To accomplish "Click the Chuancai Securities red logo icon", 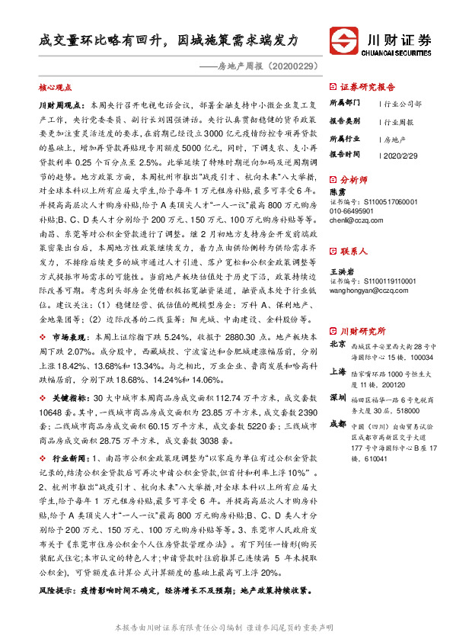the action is pyautogui.click(x=342, y=38).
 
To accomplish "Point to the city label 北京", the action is pyautogui.click(x=337, y=344).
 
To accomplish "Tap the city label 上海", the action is pyautogui.click(x=337, y=372).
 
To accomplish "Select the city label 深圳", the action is pyautogui.click(x=337, y=398).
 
